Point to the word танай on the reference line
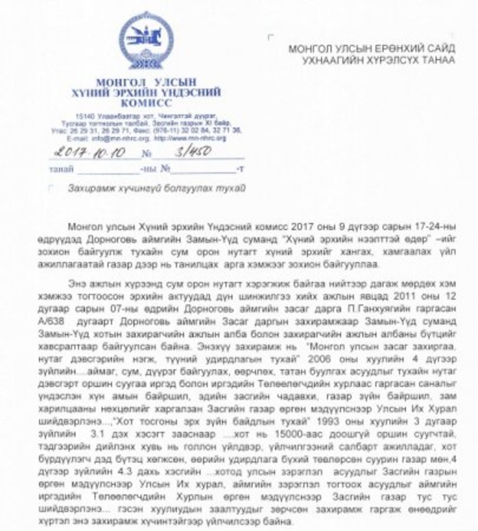click(62, 169)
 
